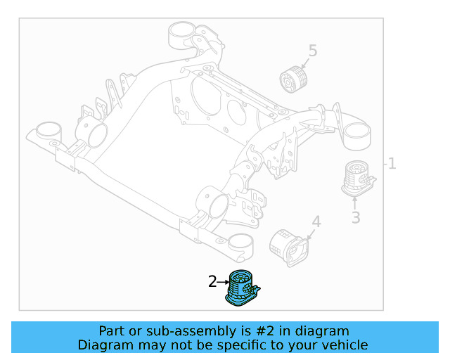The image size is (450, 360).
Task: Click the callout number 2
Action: pyautogui.click(x=212, y=282)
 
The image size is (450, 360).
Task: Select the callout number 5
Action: pyautogui.click(x=313, y=51)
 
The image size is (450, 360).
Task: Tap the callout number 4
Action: pyautogui.click(x=316, y=222)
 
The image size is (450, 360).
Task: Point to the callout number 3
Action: pyautogui.click(x=356, y=218)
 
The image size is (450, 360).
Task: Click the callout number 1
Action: pyautogui.click(x=392, y=164)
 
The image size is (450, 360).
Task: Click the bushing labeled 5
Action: pyautogui.click(x=295, y=79)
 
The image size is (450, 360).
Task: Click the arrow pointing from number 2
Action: pyautogui.click(x=224, y=282)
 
